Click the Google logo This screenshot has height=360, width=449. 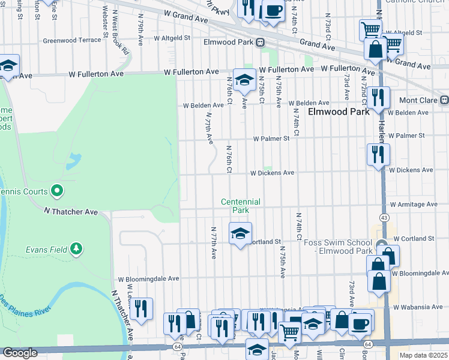(x=19, y=353)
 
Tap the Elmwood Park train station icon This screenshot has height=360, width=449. (x=261, y=42)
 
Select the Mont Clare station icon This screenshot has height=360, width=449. (x=444, y=100)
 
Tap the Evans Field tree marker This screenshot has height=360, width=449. (x=76, y=248)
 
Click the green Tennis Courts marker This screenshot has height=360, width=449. (x=57, y=191)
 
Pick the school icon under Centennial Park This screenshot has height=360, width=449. (x=240, y=233)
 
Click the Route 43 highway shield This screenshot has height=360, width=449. (x=384, y=216)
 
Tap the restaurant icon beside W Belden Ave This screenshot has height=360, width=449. (x=378, y=97)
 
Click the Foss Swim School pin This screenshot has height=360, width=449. (x=382, y=246)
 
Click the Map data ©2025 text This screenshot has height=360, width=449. (x=423, y=355)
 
